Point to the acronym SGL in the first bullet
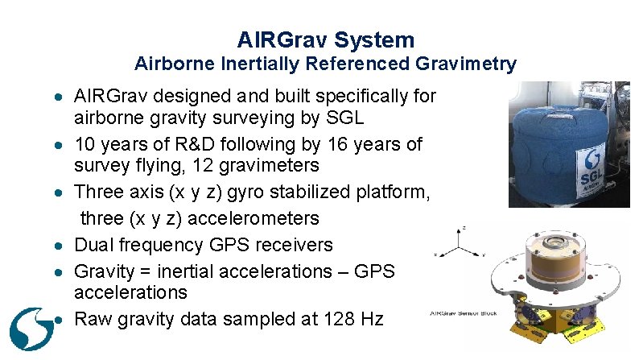coord(347,118)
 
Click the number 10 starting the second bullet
coord(84,145)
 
